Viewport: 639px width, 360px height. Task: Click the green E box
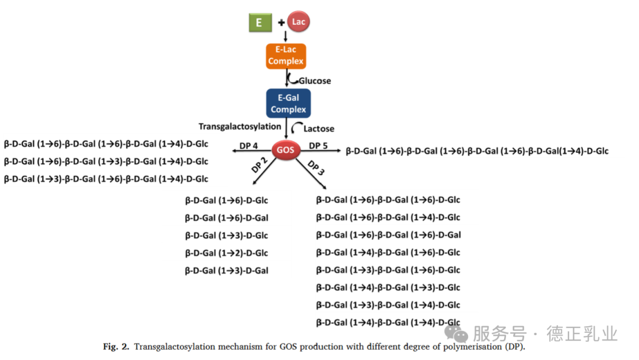[259, 23]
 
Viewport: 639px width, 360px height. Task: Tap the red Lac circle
[299, 22]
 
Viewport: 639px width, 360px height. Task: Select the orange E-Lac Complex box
[286, 56]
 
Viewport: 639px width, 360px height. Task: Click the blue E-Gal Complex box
[288, 103]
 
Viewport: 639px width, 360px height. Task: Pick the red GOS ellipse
[285, 150]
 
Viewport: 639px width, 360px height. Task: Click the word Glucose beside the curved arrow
[314, 81]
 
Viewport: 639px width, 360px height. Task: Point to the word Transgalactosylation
[240, 126]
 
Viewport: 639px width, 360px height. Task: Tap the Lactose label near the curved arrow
[319, 128]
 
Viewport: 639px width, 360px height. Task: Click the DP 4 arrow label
[249, 146]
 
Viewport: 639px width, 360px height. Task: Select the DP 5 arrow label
[318, 146]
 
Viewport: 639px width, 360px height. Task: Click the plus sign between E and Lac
[281, 23]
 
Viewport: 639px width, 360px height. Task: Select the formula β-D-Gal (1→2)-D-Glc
[227, 253]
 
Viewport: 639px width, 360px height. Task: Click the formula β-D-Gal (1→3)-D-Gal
[227, 271]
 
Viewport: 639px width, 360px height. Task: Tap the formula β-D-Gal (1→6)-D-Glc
[227, 200]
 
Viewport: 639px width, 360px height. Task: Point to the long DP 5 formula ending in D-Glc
[477, 151]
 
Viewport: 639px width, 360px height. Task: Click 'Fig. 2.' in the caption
[115, 346]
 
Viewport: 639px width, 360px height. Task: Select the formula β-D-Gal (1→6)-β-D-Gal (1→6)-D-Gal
[388, 235]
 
